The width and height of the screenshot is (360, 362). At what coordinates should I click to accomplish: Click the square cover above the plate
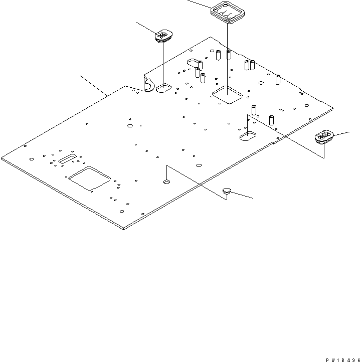coord(228,12)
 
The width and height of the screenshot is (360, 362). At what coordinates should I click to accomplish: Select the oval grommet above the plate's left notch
coord(163,36)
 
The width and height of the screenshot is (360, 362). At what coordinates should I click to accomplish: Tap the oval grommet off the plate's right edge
coord(324,137)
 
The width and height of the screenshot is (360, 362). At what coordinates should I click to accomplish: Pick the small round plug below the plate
coord(227,191)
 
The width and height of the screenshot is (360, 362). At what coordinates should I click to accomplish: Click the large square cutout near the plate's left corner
coord(90,178)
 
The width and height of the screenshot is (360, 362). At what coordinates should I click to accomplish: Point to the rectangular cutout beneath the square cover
coord(228,95)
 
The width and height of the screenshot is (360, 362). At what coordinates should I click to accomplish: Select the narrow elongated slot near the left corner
coord(67,159)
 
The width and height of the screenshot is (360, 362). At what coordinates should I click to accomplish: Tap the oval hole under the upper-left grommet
coord(164,88)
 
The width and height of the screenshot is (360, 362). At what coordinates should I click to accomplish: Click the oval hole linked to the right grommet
coord(248,136)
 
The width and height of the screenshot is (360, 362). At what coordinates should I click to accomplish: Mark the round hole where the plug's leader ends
coord(166,182)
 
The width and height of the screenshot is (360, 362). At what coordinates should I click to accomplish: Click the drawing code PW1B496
coord(342,360)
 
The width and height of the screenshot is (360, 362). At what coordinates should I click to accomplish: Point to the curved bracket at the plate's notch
coord(149,85)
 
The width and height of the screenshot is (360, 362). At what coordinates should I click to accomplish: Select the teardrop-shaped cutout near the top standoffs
coord(194,63)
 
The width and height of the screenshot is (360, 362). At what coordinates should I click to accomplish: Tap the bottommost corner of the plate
coord(123,230)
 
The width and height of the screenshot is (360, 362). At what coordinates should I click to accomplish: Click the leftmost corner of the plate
coord(1,158)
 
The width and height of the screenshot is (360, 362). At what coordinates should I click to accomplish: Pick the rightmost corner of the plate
coord(333,108)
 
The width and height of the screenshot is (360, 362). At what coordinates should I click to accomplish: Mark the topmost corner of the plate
coord(210,37)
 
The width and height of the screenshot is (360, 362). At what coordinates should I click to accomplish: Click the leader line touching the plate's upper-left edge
coord(94,86)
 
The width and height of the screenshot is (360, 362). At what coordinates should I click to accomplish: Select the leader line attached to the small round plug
coord(242,195)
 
